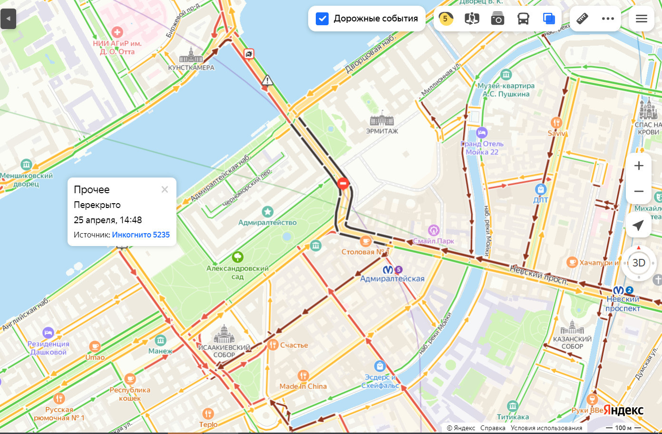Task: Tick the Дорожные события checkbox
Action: pos(322,19)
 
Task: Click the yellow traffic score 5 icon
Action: pos(446,19)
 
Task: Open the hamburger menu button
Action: pos(641,19)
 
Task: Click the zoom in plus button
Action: pos(639,166)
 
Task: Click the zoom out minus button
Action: pos(639,191)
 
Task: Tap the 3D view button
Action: pos(638,263)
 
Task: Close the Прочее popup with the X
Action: pos(165,189)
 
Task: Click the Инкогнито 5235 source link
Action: pos(141,235)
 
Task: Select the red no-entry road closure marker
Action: pos(343,183)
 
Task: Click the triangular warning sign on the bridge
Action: pos(267,80)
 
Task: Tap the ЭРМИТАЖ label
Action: pos(382,131)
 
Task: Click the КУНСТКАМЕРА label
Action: pos(191,68)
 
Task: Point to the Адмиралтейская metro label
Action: pos(392,279)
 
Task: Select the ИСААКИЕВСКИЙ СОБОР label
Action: pos(224,351)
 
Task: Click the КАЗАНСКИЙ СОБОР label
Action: pos(572,343)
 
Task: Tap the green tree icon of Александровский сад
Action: pos(237,257)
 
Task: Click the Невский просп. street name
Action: pos(539,275)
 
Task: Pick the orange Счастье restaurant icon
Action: pos(273,345)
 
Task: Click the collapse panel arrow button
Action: pos(8,19)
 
